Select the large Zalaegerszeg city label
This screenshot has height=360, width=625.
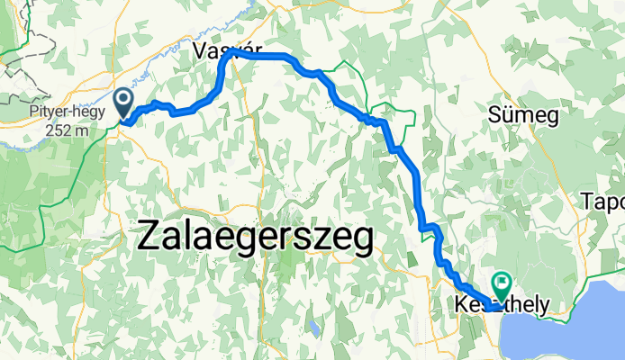click(257, 238)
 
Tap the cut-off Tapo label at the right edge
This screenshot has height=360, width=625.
click(604, 200)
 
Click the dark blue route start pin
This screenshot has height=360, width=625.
click(125, 100)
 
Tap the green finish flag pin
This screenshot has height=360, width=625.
click(503, 286)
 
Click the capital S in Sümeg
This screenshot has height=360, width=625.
click(494, 114)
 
